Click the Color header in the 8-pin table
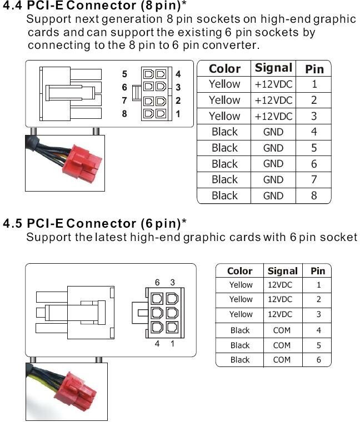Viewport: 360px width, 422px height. pyautogui.click(x=224, y=69)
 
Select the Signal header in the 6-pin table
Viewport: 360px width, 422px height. pyautogui.click(x=282, y=271)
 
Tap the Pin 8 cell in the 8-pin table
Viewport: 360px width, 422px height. pyautogui.click(x=314, y=195)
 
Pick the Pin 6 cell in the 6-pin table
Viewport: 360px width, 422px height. pyautogui.click(x=318, y=359)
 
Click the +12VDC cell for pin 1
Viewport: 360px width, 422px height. pyautogui.click(x=273, y=84)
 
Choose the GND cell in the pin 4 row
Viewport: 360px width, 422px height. pyautogui.click(x=273, y=132)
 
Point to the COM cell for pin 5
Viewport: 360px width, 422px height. pyautogui.click(x=282, y=345)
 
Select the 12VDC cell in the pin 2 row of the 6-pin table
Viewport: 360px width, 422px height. pyautogui.click(x=280, y=299)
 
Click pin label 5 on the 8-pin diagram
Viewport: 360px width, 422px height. pyautogui.click(x=124, y=74)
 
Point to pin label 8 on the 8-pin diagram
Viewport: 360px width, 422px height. pyautogui.click(x=124, y=114)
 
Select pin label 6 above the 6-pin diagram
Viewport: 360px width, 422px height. pyautogui.click(x=157, y=283)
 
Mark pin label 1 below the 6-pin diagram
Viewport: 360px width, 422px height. pyautogui.click(x=172, y=344)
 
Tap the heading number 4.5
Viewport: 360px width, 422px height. pyautogui.click(x=13, y=223)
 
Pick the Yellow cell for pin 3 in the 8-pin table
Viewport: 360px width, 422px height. pyautogui.click(x=224, y=116)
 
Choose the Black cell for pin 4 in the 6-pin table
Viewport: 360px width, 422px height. pyautogui.click(x=240, y=330)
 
